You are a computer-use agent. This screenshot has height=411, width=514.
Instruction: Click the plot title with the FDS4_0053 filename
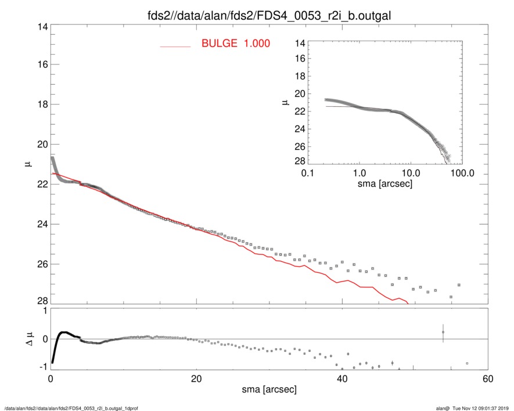coord(268,16)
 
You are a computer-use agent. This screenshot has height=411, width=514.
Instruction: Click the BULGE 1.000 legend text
coord(235,44)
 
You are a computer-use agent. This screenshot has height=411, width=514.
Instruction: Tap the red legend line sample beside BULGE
coord(175,46)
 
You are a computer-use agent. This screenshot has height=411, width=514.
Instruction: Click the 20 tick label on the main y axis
coord(41,145)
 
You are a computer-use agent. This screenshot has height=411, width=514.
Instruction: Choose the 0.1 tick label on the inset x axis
coord(308,174)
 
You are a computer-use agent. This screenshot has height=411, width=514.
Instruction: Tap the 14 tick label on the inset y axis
coord(299,43)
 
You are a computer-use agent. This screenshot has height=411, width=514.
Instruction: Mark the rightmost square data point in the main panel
coord(459,285)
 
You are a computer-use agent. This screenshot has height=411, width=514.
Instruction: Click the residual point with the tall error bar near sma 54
coord(443,333)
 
